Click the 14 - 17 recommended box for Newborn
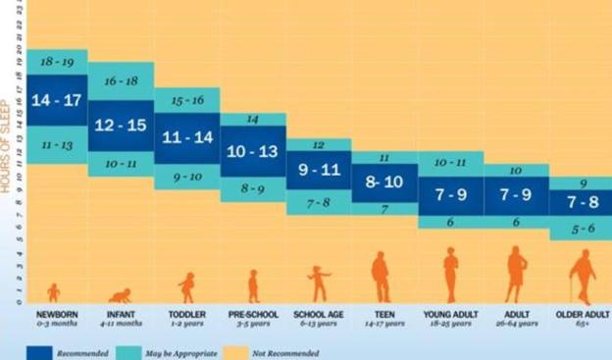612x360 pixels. point(57,101)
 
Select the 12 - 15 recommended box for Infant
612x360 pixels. point(121,126)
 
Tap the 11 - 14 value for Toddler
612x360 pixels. point(186,138)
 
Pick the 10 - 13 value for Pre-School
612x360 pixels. point(252,151)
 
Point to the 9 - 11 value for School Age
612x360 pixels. point(318,169)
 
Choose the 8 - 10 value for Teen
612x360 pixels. point(383,181)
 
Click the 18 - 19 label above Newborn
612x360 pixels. point(57,61)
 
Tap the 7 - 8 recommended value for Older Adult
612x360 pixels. point(581,202)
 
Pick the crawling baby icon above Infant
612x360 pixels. point(121,294)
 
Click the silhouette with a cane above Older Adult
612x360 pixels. point(584,277)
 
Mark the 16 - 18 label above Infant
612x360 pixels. point(121,81)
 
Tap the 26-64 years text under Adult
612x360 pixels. point(516,324)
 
